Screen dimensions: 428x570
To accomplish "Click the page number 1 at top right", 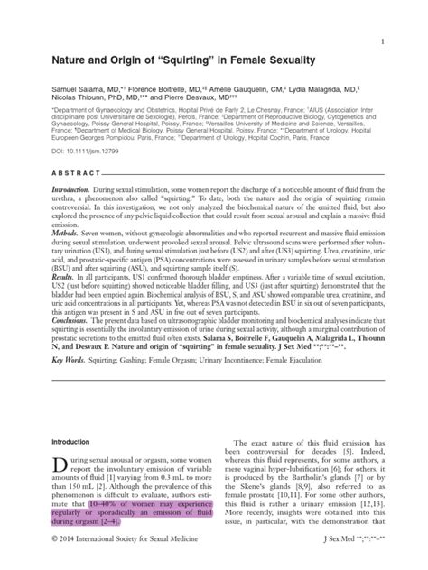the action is (384, 42).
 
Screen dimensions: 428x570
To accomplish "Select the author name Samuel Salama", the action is (67, 92).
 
